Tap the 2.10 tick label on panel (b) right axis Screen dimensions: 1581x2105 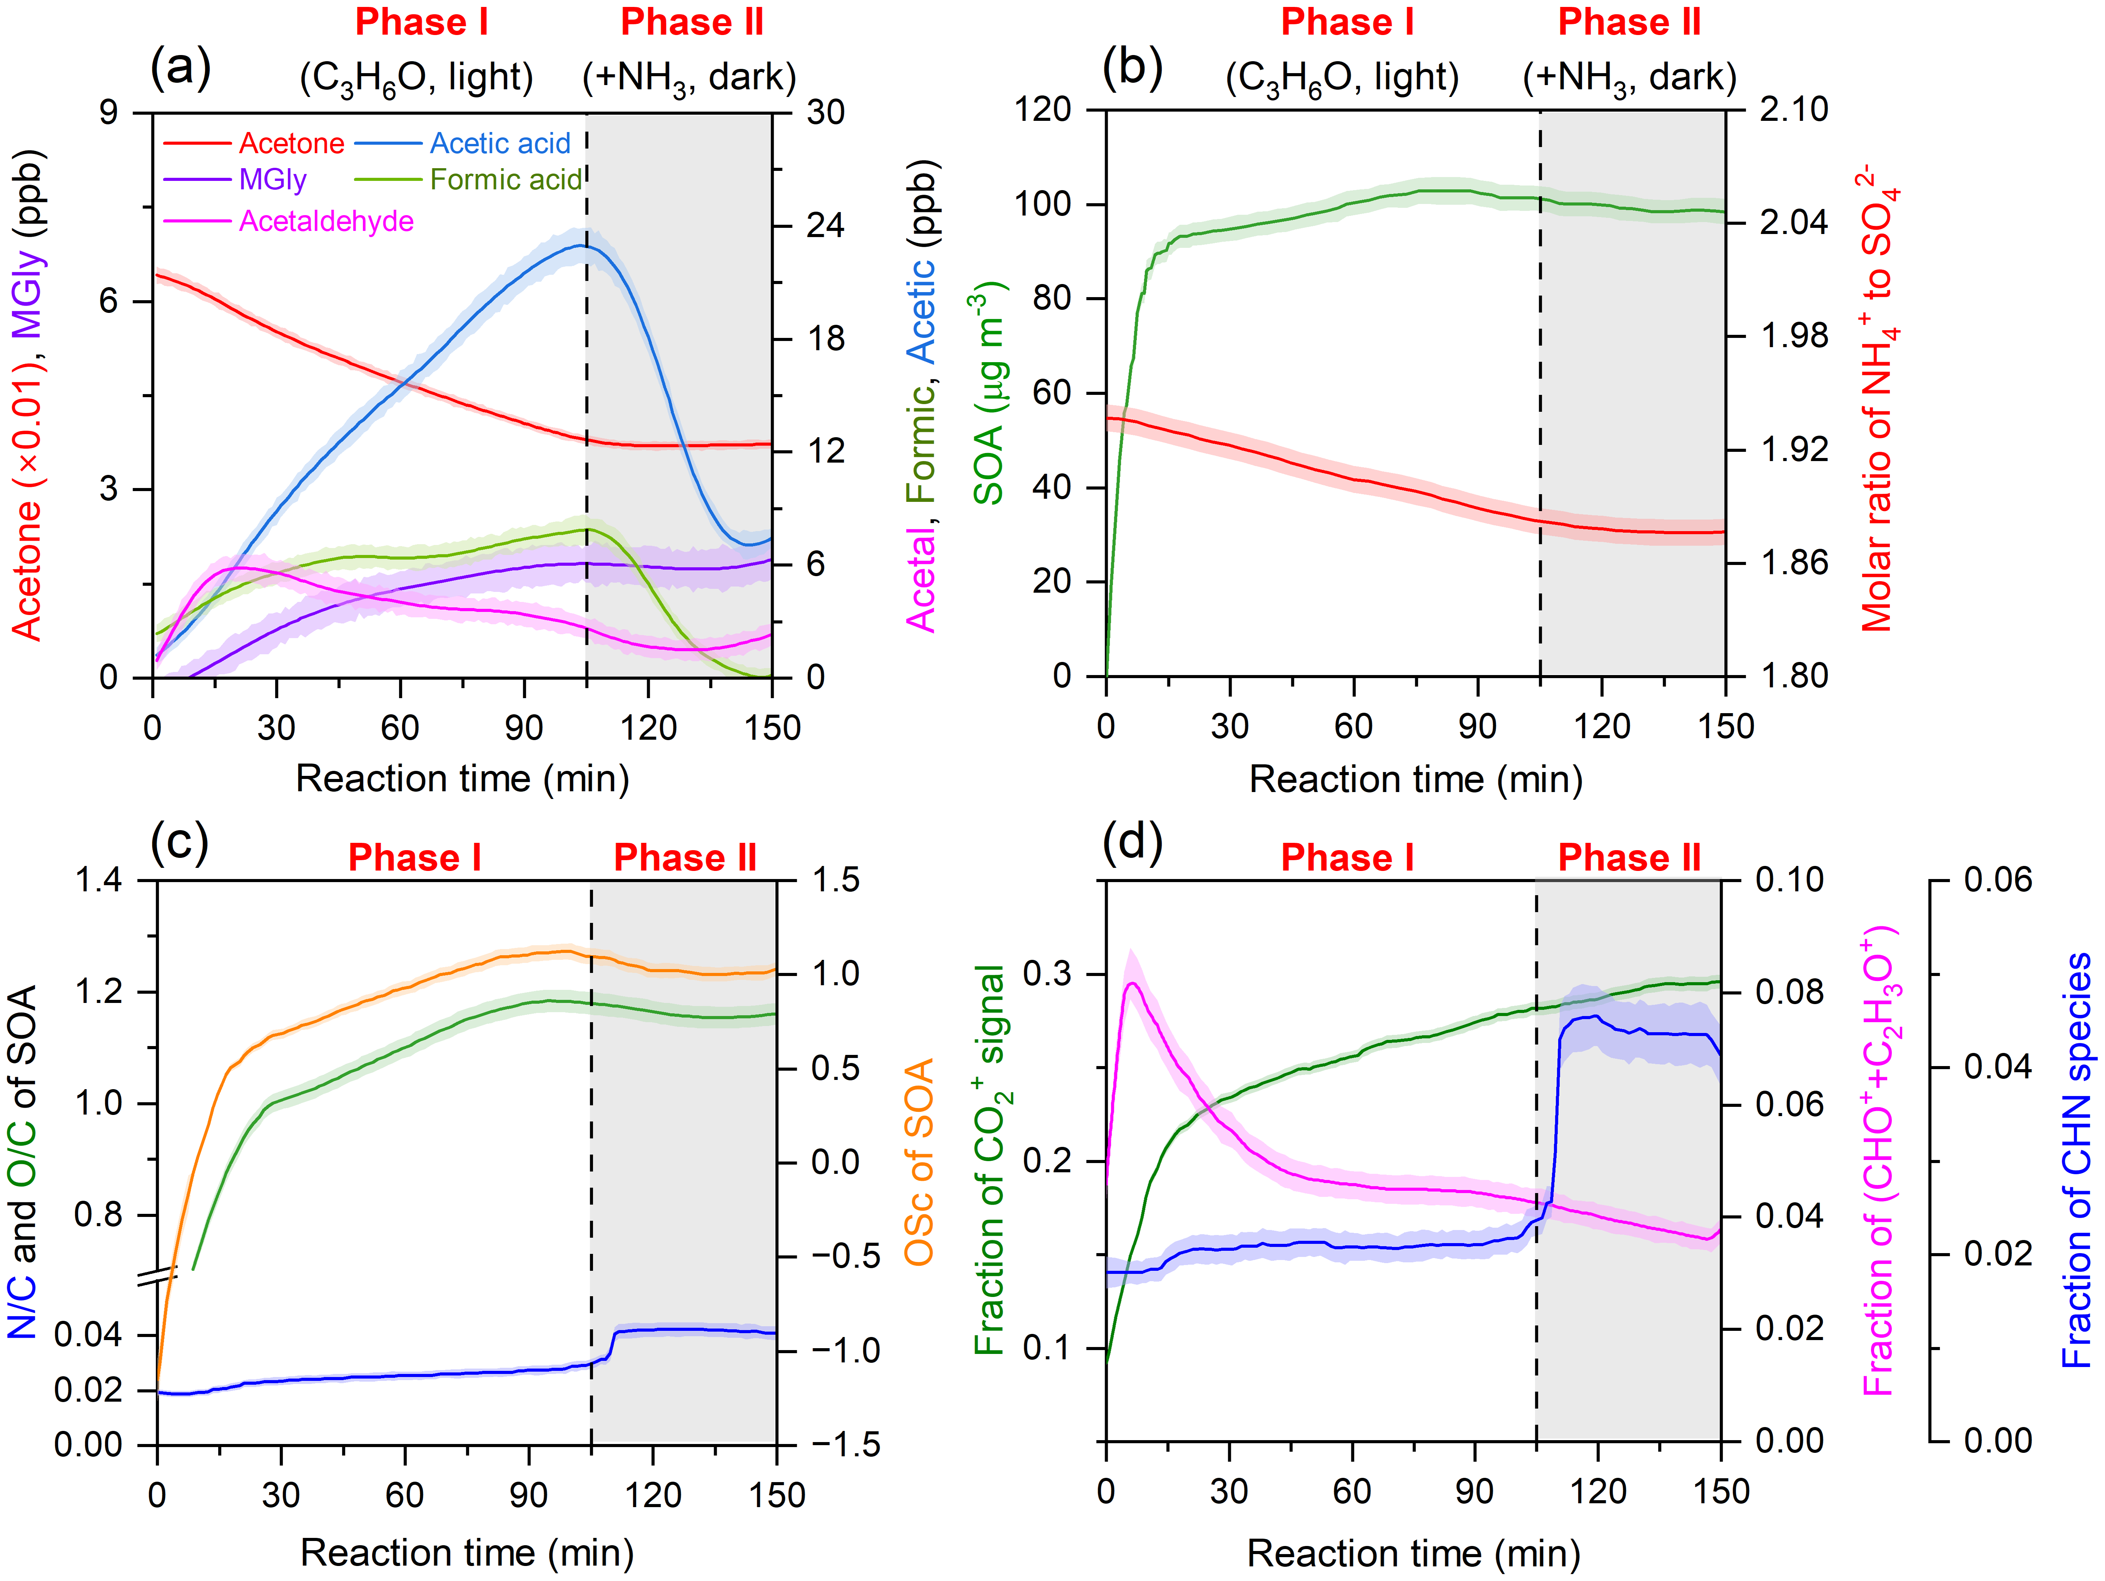click(1793, 109)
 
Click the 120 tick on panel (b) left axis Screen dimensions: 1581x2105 click(1043, 109)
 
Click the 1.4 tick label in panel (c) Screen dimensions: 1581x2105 click(99, 879)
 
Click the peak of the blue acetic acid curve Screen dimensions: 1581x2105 click(581, 246)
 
